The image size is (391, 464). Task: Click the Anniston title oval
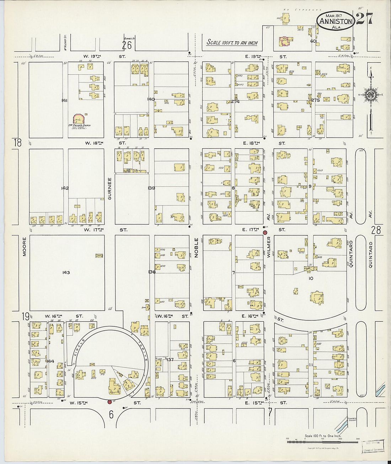coord(335,20)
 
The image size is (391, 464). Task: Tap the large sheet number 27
coord(364,19)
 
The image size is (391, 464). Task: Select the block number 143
coord(66,273)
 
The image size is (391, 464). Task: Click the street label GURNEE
coord(110,188)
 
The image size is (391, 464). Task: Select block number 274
coord(235,101)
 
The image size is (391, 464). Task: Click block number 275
coord(316,101)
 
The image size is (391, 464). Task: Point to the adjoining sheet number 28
coord(376,230)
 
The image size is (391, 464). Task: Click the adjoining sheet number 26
coord(127,45)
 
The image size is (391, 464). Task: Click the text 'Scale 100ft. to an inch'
coord(232,43)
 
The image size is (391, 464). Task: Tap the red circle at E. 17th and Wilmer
coord(265,233)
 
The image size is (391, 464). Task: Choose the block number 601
coord(313,41)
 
